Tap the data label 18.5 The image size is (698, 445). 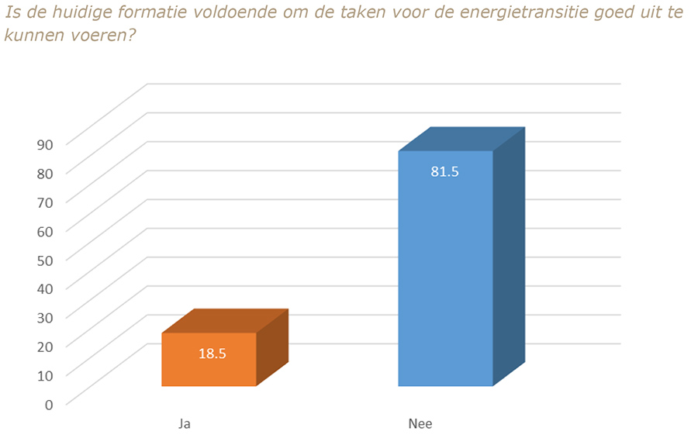click(x=212, y=354)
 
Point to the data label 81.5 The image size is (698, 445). click(x=445, y=172)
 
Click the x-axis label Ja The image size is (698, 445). click(x=184, y=424)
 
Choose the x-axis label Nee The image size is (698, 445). click(x=420, y=424)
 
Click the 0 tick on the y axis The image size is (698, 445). click(x=48, y=404)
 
